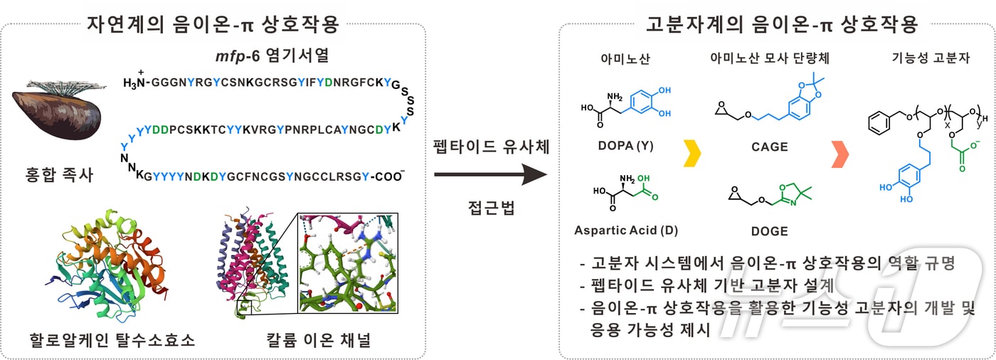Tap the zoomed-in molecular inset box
[349, 263]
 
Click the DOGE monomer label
[769, 231]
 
